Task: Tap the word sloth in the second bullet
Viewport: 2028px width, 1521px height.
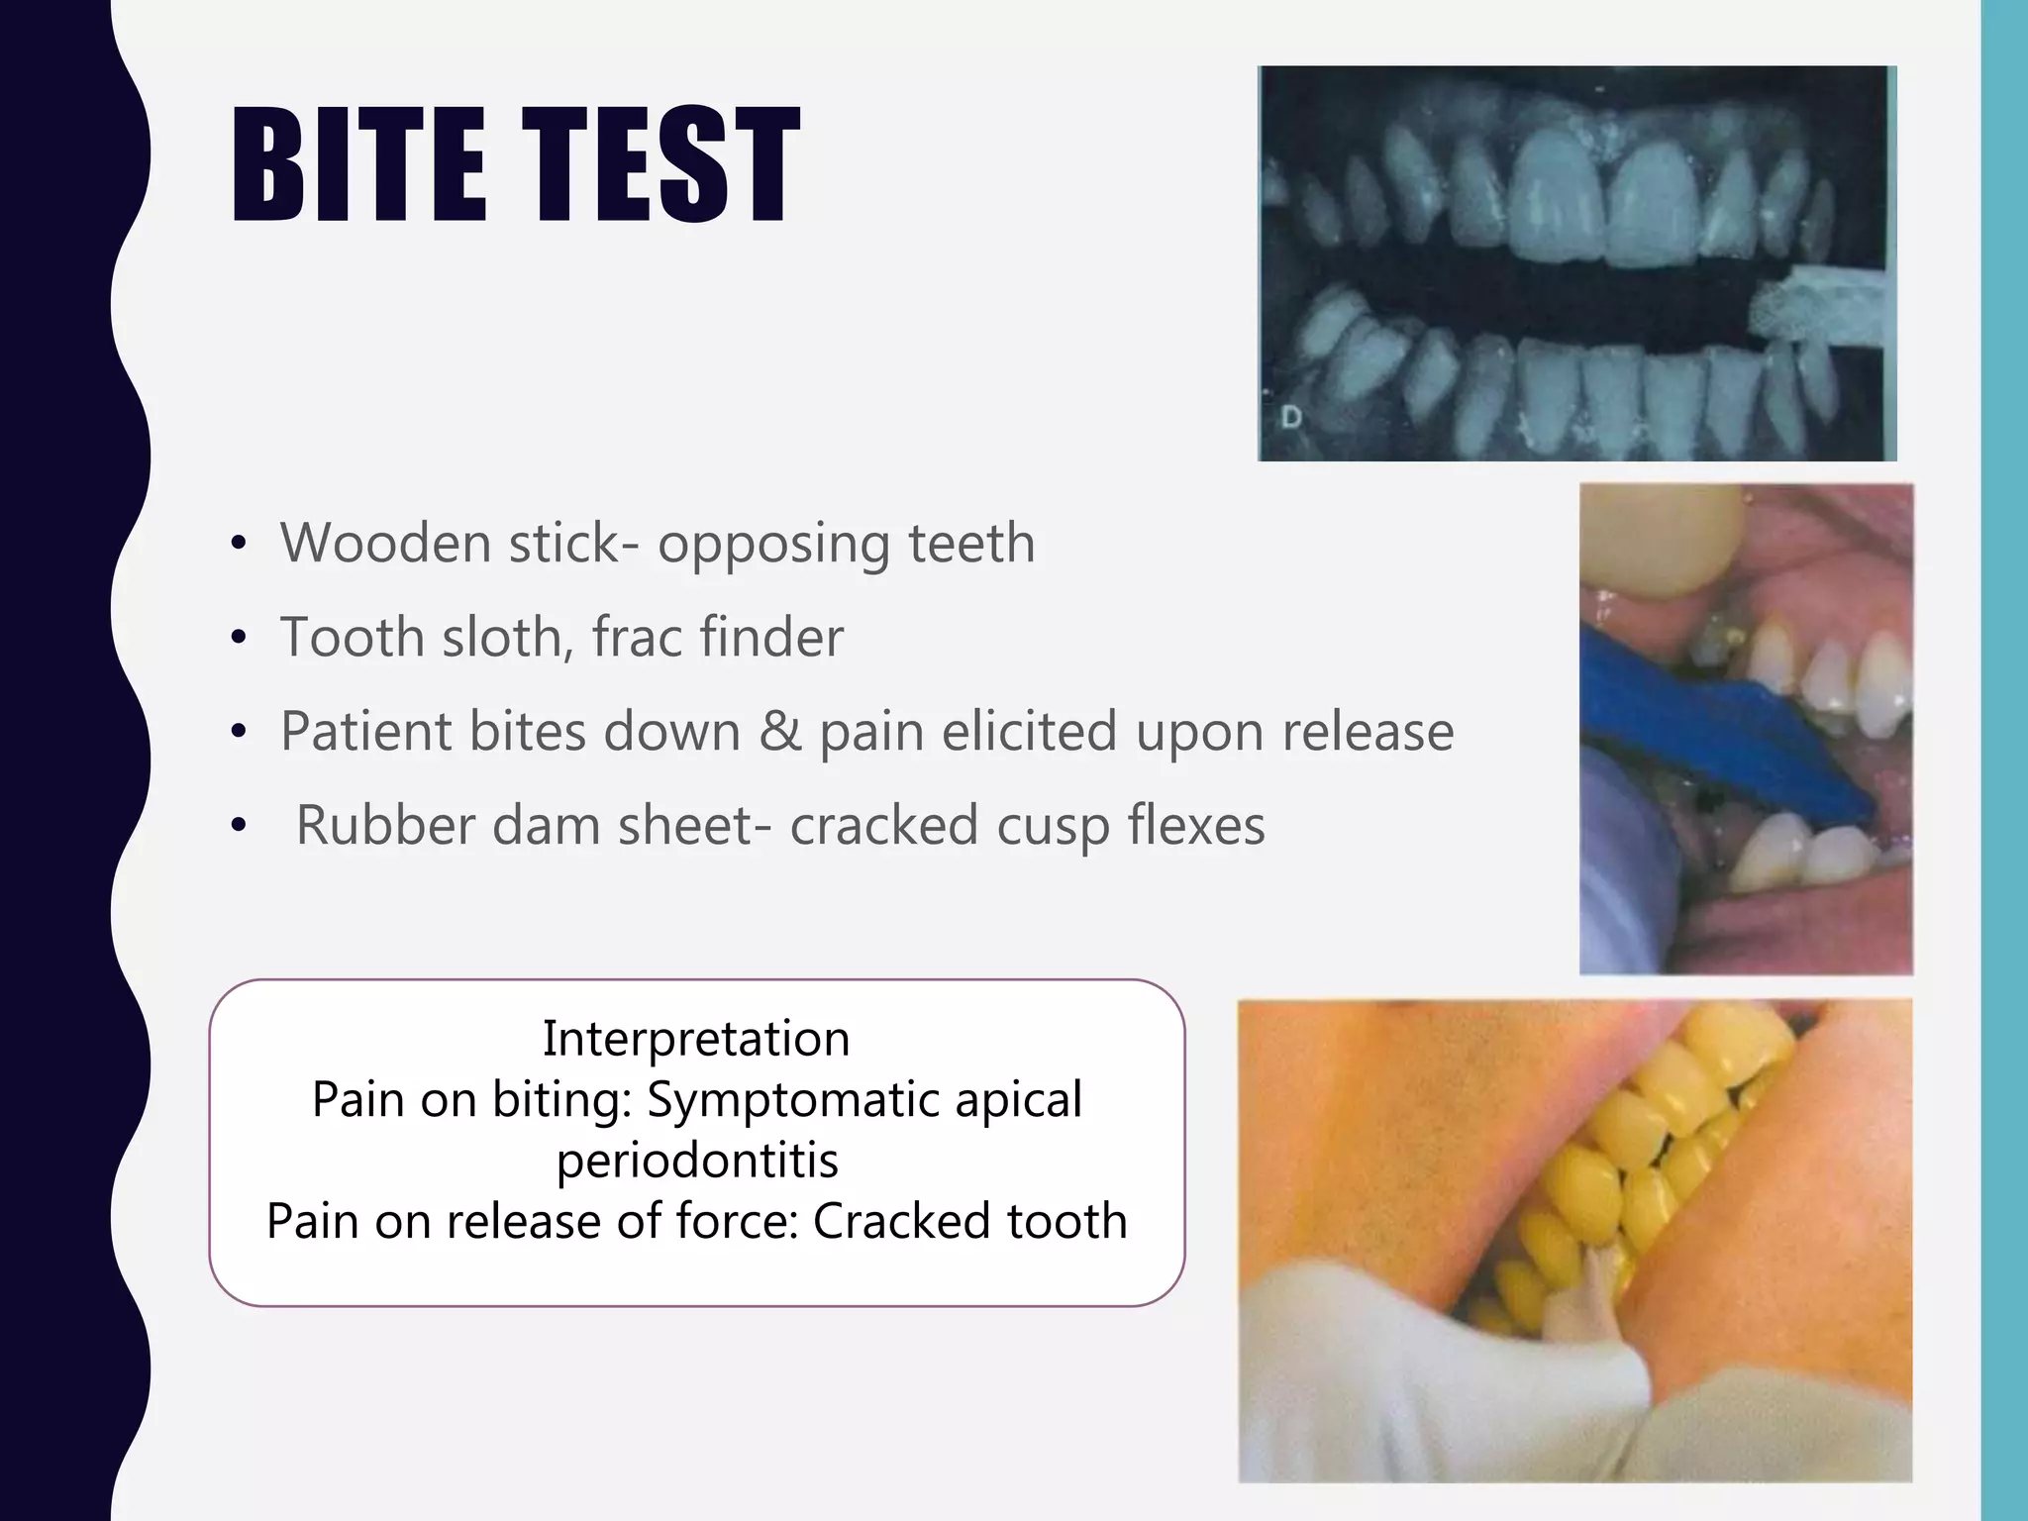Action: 502,637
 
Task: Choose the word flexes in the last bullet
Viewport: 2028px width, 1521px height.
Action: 1196,825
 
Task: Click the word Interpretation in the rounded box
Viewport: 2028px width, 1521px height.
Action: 696,1039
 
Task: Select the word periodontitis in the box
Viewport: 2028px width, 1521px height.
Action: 696,1160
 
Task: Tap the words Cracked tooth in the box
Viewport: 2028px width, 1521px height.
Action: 969,1221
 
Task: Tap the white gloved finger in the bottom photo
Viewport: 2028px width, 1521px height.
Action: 1436,1386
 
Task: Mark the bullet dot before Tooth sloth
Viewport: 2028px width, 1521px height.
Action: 238,639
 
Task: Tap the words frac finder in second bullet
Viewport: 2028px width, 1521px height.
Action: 718,637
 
